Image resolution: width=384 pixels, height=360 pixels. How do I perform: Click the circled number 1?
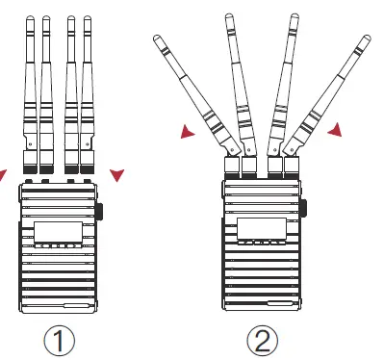coord(59,339)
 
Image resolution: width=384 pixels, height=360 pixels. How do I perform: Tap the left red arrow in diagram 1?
coord(3,174)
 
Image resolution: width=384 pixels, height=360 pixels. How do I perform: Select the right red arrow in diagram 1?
coord(116,174)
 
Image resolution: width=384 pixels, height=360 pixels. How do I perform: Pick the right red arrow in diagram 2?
coord(335,129)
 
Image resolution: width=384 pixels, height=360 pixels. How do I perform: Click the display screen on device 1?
coord(59,232)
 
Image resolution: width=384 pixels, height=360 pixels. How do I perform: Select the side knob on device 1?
coord(100,213)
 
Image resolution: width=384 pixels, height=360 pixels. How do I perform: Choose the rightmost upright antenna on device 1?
coord(89,87)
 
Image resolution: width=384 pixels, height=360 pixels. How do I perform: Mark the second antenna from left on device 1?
coord(47,87)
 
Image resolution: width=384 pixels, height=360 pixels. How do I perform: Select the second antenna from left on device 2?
coord(238,77)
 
